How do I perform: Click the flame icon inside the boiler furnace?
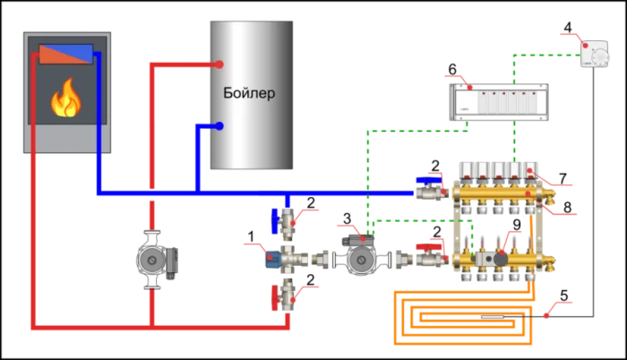coord(65,99)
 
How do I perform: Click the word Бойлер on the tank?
coord(249,93)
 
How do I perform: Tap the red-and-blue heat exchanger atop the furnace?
coord(65,54)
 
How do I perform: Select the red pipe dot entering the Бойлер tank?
coord(219,64)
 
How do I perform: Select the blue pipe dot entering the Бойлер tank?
coord(219,126)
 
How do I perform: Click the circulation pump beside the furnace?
coord(152,260)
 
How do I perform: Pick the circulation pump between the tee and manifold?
coord(362,260)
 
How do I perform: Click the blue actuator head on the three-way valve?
coord(271,260)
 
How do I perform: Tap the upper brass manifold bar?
coord(502,193)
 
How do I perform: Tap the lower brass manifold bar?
coord(502,260)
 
